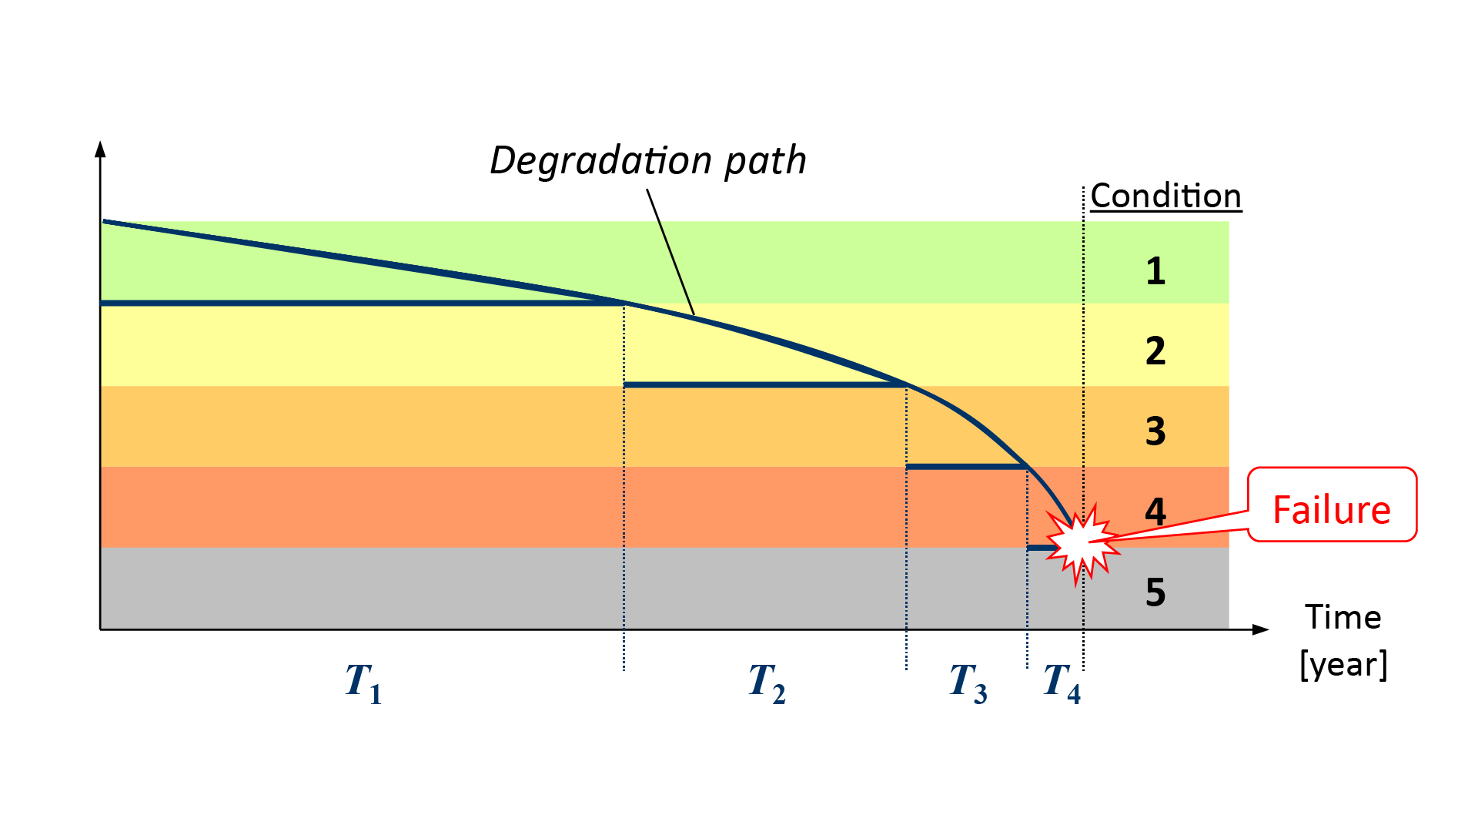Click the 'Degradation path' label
pyautogui.click(x=647, y=161)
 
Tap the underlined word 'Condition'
pyautogui.click(x=1165, y=196)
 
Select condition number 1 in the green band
pyautogui.click(x=1155, y=271)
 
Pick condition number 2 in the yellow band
pyautogui.click(x=1155, y=351)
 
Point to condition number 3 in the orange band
pyautogui.click(x=1155, y=431)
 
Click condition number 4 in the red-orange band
pyautogui.click(x=1155, y=512)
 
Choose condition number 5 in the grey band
pyautogui.click(x=1155, y=592)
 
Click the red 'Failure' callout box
pyautogui.click(x=1332, y=509)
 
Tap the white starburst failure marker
pyautogui.click(x=1081, y=542)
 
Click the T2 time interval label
pyautogui.click(x=767, y=683)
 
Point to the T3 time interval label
pyautogui.click(x=968, y=683)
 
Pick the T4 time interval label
pyautogui.click(x=1062, y=683)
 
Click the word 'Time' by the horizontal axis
pyautogui.click(x=1343, y=618)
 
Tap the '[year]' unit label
pyautogui.click(x=1343, y=664)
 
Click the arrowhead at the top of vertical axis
pyautogui.click(x=100, y=149)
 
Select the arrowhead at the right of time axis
pyautogui.click(x=1260, y=629)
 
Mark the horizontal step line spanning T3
pyautogui.click(x=966, y=467)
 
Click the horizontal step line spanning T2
pyautogui.click(x=764, y=384)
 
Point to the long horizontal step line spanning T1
pyautogui.click(x=362, y=304)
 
